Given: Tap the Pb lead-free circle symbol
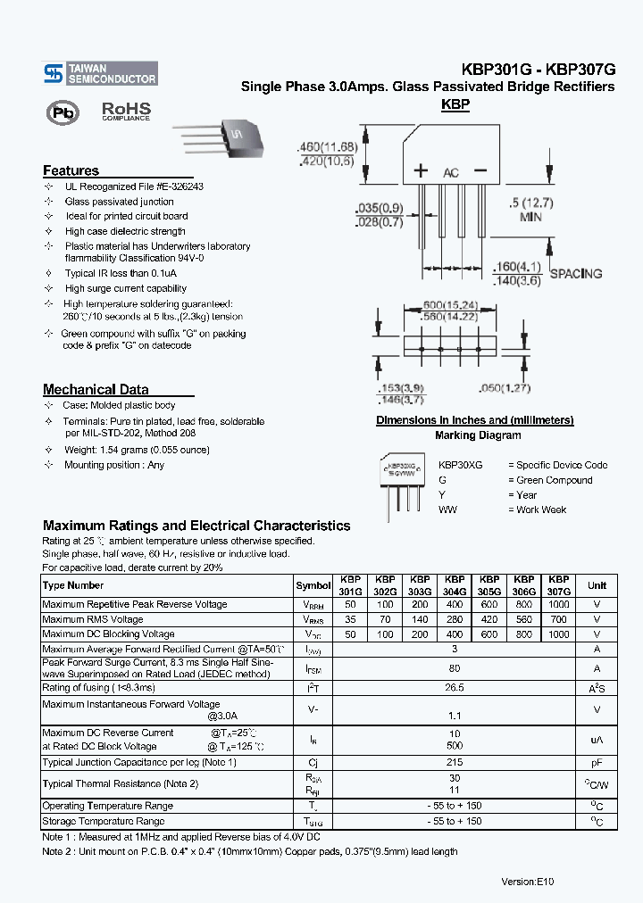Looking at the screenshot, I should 63,113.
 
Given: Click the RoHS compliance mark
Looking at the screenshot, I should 125,111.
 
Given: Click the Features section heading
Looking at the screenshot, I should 71,170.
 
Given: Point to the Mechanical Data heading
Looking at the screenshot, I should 96,389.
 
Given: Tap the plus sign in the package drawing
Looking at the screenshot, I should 421,171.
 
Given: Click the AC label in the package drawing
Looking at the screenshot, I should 451,172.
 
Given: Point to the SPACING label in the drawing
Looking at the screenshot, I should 575,274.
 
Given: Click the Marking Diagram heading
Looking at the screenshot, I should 477,435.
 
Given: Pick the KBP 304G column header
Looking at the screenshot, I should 455,585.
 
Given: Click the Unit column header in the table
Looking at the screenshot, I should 597,585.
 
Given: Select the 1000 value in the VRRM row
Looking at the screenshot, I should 558,605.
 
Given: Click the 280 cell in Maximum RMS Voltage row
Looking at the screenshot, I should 455,619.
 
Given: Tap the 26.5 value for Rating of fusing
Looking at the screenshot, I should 455,688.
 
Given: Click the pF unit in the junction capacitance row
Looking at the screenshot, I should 597,763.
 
